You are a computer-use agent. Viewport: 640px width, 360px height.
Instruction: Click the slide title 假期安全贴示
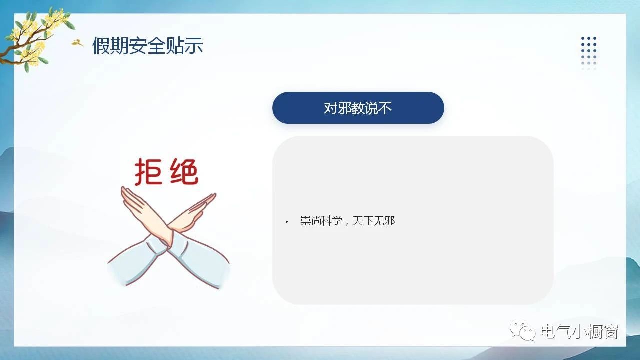(x=147, y=45)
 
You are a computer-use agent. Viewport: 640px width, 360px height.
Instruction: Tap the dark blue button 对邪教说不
(x=358, y=108)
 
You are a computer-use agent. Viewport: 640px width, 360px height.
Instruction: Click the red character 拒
(x=148, y=172)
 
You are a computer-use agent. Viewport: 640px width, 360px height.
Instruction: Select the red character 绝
(x=184, y=171)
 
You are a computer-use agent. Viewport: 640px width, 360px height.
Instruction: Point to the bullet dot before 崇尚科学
(x=287, y=222)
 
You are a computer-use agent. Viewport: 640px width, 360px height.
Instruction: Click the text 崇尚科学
(x=321, y=221)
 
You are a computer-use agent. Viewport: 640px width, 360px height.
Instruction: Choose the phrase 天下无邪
(x=373, y=221)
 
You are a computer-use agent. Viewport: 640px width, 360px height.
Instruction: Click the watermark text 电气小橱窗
(x=579, y=331)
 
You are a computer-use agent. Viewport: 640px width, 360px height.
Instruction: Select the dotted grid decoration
(x=589, y=53)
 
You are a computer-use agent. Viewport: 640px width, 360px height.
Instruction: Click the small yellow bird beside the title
(x=77, y=43)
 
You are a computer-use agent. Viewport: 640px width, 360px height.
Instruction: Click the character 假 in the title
(x=101, y=46)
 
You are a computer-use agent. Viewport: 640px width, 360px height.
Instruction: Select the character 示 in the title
(x=194, y=46)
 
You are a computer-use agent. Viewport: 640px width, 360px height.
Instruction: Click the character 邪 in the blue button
(x=344, y=108)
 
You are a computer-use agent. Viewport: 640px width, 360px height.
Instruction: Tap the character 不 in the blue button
(x=385, y=108)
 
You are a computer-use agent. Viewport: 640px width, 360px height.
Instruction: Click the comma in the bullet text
(x=347, y=223)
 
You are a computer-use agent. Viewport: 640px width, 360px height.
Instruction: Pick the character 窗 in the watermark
(x=611, y=331)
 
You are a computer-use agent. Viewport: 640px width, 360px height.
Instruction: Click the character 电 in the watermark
(x=549, y=331)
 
